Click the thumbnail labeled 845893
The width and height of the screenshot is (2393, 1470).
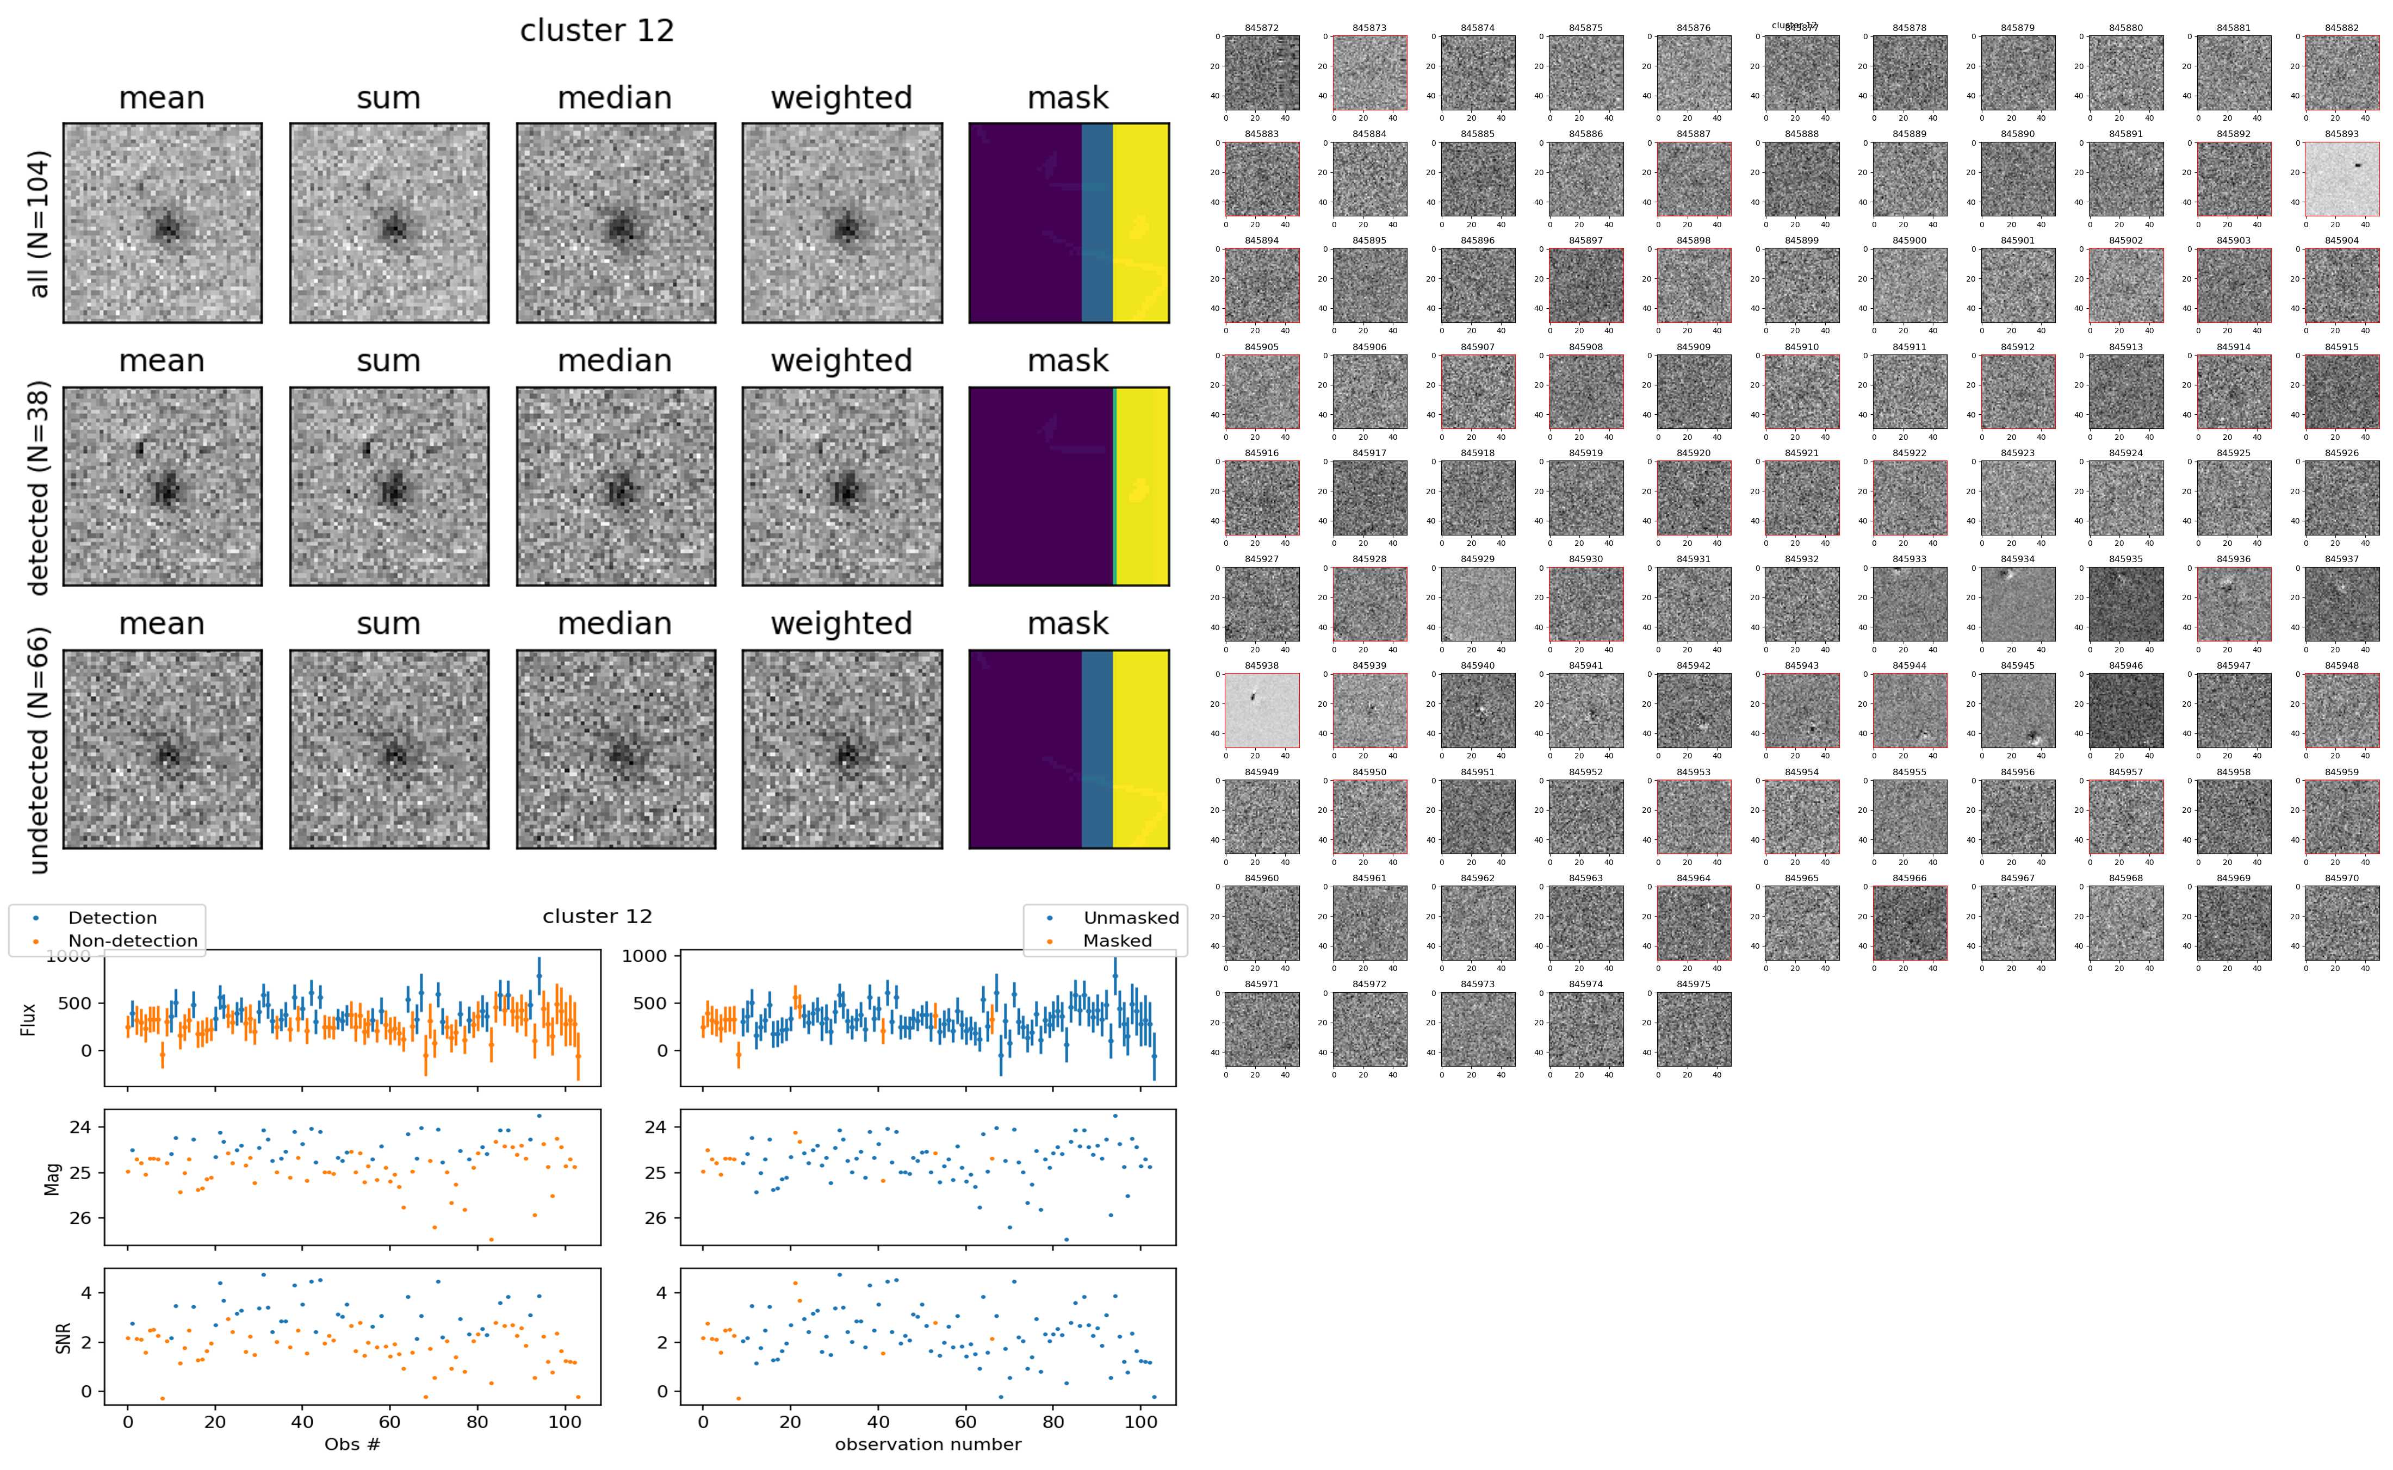point(2341,179)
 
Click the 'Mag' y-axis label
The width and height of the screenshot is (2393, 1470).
point(53,1178)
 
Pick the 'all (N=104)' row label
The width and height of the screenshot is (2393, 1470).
point(39,223)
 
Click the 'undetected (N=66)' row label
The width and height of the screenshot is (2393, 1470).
point(39,750)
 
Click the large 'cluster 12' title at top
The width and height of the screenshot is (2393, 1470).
point(597,31)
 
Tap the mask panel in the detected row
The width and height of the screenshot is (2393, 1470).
point(1069,486)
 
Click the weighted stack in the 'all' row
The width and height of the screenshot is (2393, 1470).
point(842,223)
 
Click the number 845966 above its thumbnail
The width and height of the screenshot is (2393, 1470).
point(1909,878)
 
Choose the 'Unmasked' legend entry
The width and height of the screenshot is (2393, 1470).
point(1131,918)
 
